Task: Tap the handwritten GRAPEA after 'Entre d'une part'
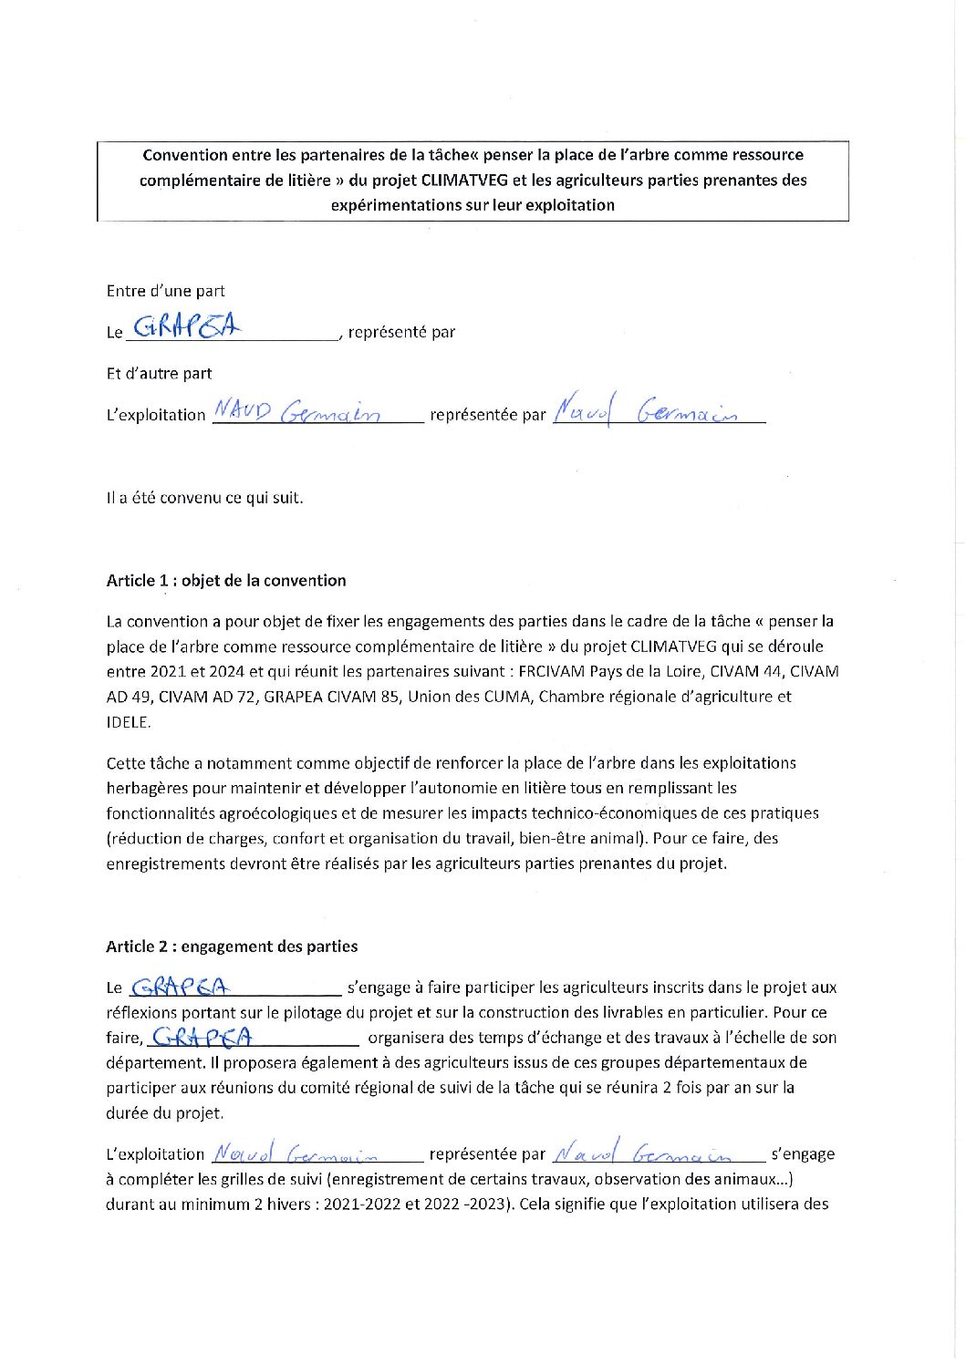[x=187, y=326]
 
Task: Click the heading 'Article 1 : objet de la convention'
[x=226, y=581]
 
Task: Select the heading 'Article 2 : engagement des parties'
[x=232, y=946]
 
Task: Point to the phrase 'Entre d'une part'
[x=165, y=291]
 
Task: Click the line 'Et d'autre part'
[x=159, y=373]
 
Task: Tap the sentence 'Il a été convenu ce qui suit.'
[x=204, y=498]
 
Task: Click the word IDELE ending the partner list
[x=128, y=722]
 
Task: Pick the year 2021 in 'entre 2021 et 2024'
[x=166, y=672]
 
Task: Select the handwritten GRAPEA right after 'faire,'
[x=202, y=1037]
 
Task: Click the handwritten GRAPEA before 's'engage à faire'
[x=181, y=987]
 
